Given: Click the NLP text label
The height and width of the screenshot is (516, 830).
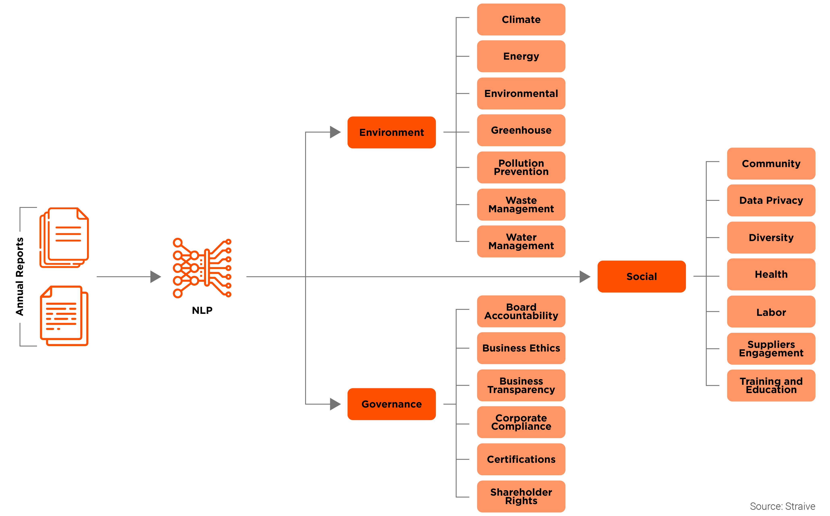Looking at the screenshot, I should [x=202, y=310].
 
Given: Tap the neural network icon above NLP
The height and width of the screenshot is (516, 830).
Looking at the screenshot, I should [x=202, y=268].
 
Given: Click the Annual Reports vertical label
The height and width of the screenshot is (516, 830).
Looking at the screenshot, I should [x=20, y=276].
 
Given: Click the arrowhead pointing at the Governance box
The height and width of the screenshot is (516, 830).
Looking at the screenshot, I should [x=335, y=404].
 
